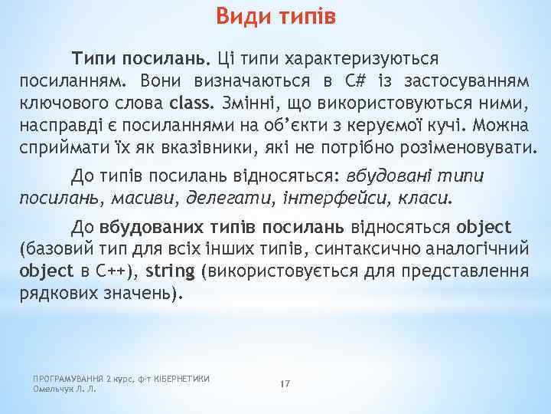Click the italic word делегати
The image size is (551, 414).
coord(227,199)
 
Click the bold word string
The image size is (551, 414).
coord(171,271)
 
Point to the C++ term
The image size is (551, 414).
coord(114,271)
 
